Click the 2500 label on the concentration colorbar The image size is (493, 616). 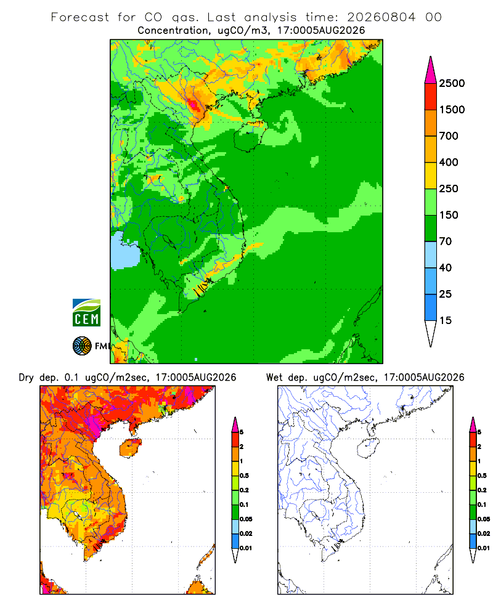click(452, 83)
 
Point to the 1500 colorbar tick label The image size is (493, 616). click(452, 110)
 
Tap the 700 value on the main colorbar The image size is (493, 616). click(449, 136)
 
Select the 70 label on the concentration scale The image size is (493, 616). click(446, 241)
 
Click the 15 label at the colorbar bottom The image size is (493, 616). click(446, 320)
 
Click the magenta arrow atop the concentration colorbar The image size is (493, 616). click(431, 71)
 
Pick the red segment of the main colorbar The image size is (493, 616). click(431, 97)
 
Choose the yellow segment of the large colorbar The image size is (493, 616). click(431, 176)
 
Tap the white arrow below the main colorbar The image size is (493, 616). click(431, 332)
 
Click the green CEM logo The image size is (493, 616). click(86, 313)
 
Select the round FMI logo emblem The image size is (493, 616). click(82, 346)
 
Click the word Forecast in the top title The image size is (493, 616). click(80, 17)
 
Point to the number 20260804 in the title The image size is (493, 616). click(381, 17)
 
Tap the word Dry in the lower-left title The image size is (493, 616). click(26, 378)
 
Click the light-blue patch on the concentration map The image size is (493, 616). click(124, 251)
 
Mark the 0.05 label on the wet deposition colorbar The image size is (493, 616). click(484, 519)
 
